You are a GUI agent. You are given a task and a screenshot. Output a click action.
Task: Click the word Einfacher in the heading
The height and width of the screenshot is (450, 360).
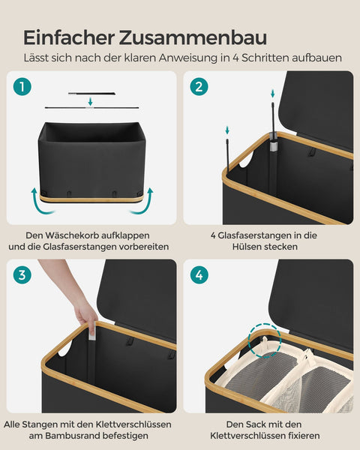[64, 37]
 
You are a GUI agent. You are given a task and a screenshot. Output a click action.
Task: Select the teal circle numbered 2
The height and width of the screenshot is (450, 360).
[199, 86]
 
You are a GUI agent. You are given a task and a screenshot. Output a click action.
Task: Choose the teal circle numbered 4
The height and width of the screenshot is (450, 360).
[199, 274]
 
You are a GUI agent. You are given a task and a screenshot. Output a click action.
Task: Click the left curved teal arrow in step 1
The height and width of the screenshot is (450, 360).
[35, 201]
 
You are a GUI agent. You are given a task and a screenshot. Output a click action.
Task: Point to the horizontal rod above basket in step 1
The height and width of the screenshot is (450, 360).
[90, 94]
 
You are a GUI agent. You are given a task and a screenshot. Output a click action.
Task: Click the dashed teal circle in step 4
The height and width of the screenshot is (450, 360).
[263, 340]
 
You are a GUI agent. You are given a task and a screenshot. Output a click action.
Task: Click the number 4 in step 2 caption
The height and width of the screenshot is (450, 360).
[213, 234]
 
